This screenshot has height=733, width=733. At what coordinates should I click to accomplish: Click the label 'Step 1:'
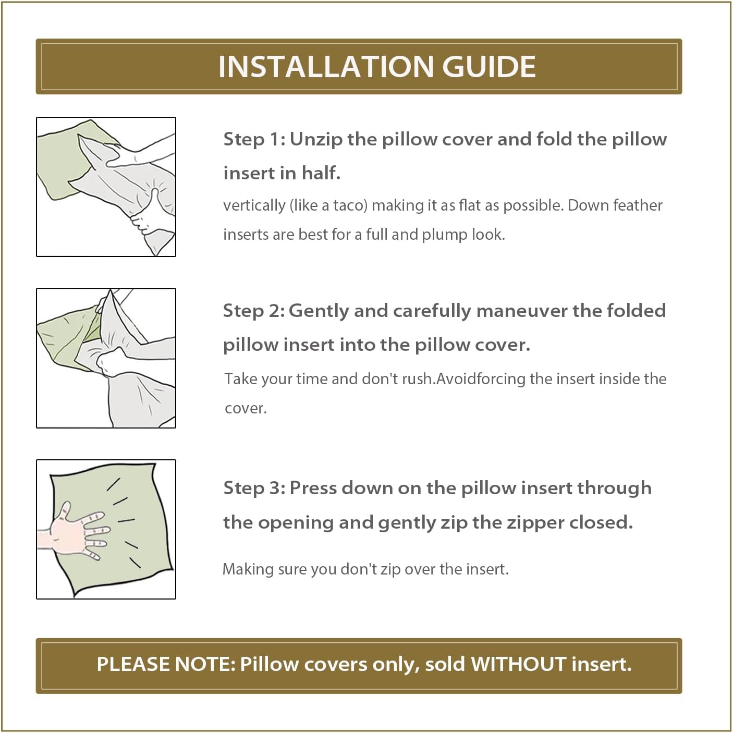[x=254, y=139]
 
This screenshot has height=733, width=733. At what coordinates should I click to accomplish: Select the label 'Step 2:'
[x=254, y=311]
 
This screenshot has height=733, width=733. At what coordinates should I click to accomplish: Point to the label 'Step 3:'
[x=254, y=488]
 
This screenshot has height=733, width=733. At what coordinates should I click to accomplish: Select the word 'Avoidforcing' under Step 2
[x=481, y=379]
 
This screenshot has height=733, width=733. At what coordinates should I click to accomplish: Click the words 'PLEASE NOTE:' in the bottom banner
[x=166, y=664]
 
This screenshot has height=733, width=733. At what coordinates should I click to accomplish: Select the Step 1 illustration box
[x=106, y=187]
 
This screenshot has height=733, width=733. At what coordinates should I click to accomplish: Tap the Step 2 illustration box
[x=106, y=358]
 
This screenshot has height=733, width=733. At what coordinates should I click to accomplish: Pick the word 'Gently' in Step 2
[x=319, y=312]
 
